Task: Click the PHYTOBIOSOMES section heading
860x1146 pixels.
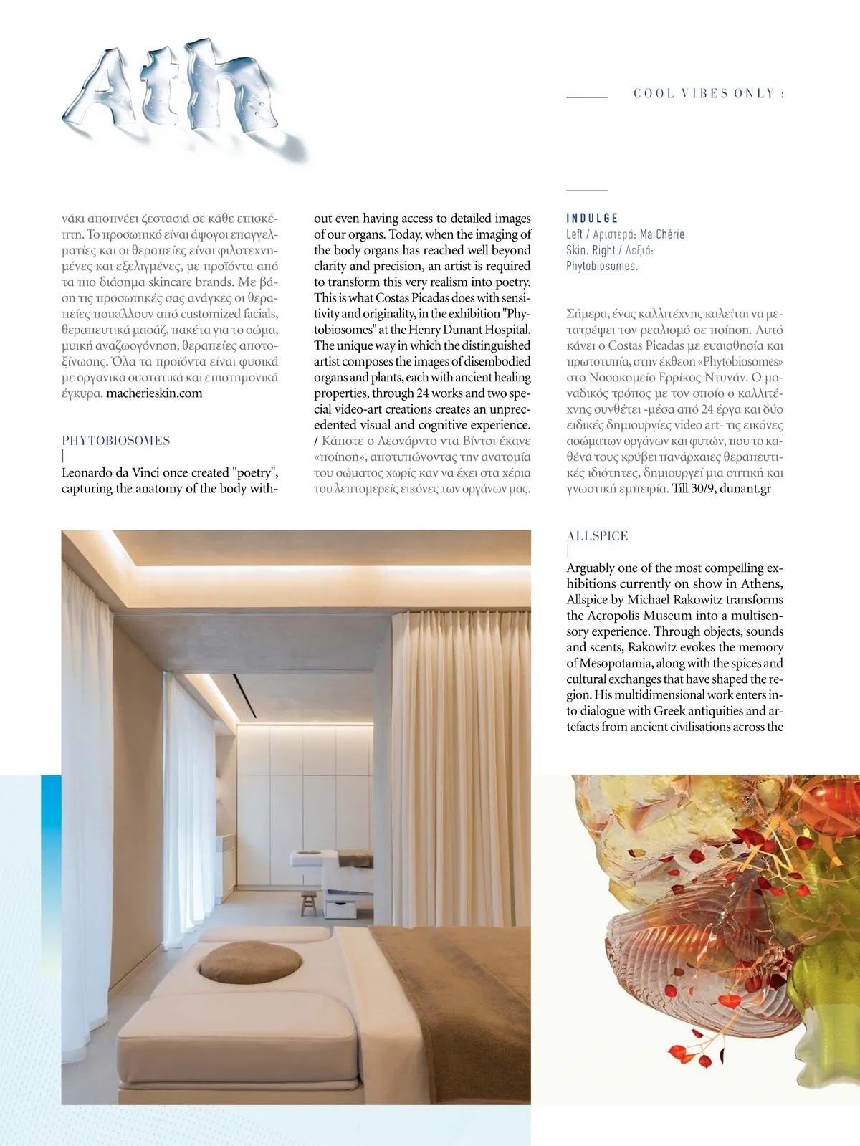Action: coord(116,441)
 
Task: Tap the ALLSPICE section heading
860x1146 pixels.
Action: coord(597,536)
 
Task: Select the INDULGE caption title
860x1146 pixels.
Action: coord(592,219)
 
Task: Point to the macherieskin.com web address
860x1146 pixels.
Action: coord(154,393)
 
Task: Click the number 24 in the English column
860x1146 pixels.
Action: coord(424,393)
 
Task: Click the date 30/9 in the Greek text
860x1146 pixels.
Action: coord(702,489)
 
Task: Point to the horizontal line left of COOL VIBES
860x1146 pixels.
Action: coord(587,96)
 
